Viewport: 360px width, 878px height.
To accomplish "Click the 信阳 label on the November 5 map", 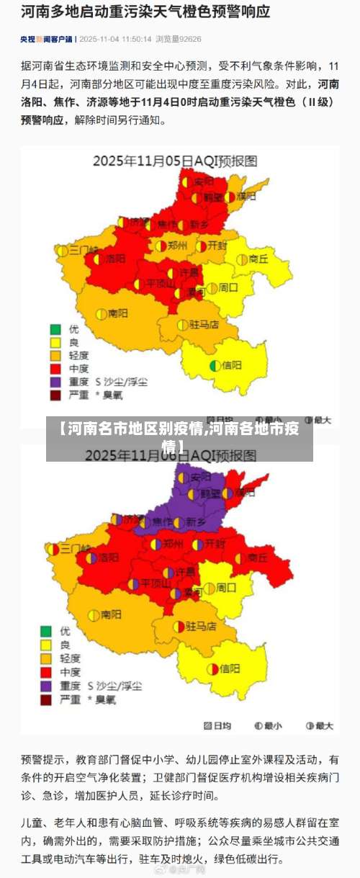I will coord(232,365).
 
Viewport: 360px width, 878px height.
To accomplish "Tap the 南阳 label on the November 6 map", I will coord(111,614).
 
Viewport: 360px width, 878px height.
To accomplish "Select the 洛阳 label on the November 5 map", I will coord(115,258).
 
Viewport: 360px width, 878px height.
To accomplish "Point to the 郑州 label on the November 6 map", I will coord(173,544).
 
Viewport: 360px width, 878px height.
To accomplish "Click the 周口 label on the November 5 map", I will coord(228,287).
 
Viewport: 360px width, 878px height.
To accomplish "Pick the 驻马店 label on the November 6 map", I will coord(201,626).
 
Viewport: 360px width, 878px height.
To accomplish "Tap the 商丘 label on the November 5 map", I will coord(258,259).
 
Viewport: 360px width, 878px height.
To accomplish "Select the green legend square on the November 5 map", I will coord(55,329).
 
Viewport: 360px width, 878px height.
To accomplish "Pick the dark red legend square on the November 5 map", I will coord(55,395).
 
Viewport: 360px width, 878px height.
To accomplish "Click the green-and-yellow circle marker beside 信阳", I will coord(215,365).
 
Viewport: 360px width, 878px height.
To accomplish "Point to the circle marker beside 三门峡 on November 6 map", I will coord(55,549).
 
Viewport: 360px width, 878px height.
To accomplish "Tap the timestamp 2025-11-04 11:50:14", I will coord(115,39).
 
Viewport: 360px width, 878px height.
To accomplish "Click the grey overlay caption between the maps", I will coord(179,439).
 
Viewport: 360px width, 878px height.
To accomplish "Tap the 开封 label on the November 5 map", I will coord(217,245).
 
